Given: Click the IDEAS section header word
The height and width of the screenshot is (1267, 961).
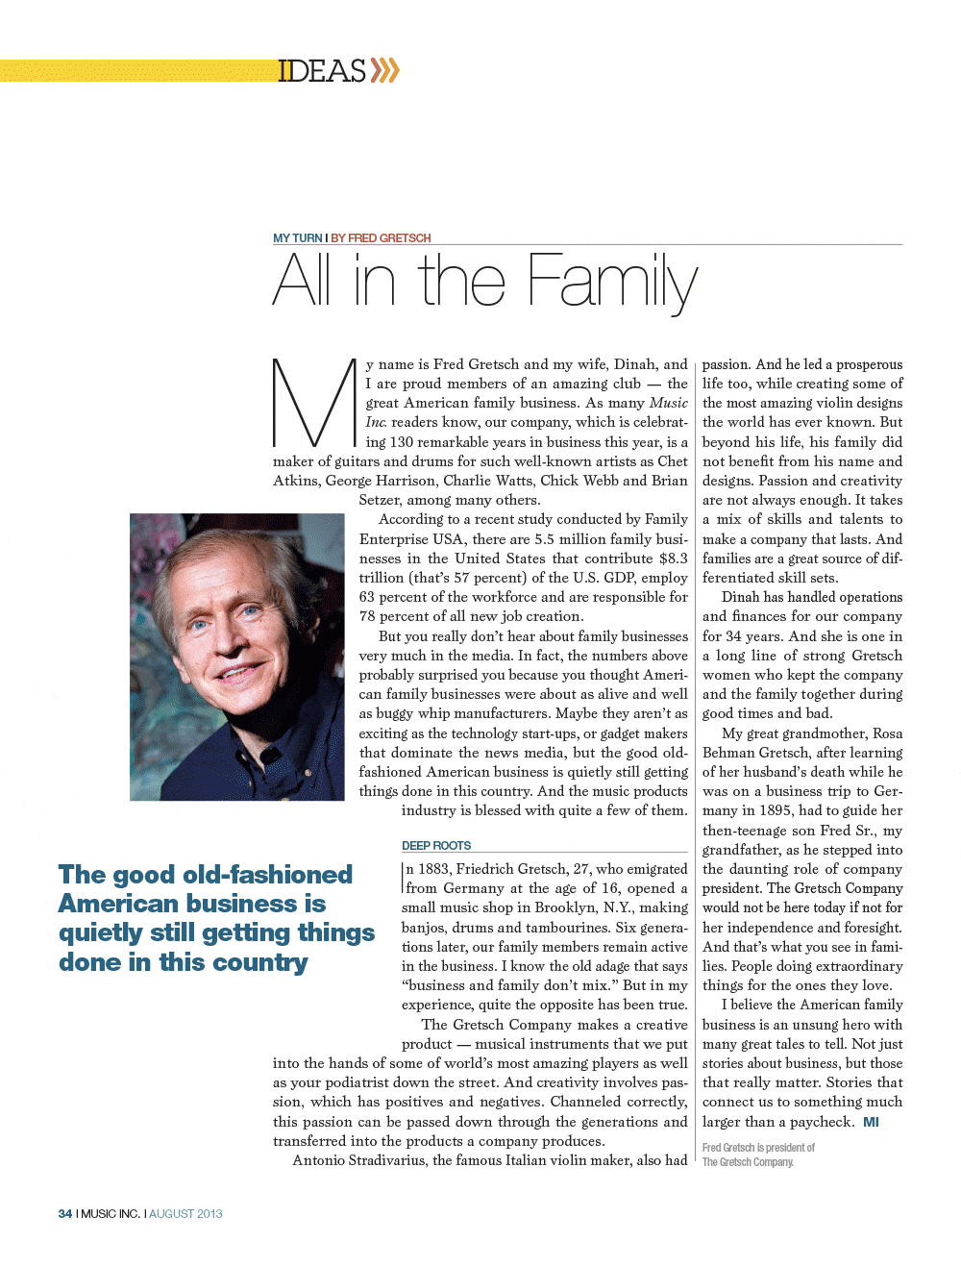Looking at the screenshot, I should [322, 71].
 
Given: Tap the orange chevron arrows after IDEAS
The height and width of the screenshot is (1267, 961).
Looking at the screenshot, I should [384, 70].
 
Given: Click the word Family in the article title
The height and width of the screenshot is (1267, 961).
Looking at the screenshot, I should [613, 282].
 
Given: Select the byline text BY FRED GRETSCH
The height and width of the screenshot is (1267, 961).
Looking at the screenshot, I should [381, 237].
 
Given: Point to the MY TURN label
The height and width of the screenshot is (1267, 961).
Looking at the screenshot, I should [297, 237].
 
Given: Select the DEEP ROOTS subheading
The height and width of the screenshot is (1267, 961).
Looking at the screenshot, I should [436, 846].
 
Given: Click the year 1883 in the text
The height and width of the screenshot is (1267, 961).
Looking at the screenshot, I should [434, 869].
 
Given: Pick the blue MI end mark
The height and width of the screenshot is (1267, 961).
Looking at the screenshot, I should [871, 1122].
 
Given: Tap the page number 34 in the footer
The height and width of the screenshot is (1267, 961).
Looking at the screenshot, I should [65, 1214].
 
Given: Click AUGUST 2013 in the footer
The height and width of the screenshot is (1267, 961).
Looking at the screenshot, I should [185, 1214].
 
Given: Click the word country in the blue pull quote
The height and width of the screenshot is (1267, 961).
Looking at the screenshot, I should [260, 962].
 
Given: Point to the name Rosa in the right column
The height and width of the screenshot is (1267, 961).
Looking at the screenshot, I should [887, 733].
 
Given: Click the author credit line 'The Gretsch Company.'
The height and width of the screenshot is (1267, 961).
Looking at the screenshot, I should [748, 1162].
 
